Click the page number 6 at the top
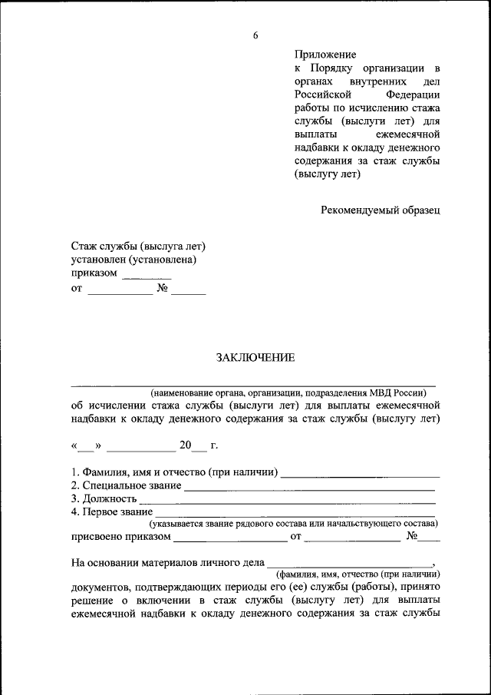255,35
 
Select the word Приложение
325,55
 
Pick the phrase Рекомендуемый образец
381,209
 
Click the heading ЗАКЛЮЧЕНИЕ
255,358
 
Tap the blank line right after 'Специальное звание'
310,487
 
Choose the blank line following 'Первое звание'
295,513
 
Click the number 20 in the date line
186,445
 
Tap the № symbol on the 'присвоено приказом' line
412,536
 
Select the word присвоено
97,536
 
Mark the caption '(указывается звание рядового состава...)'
294,524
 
